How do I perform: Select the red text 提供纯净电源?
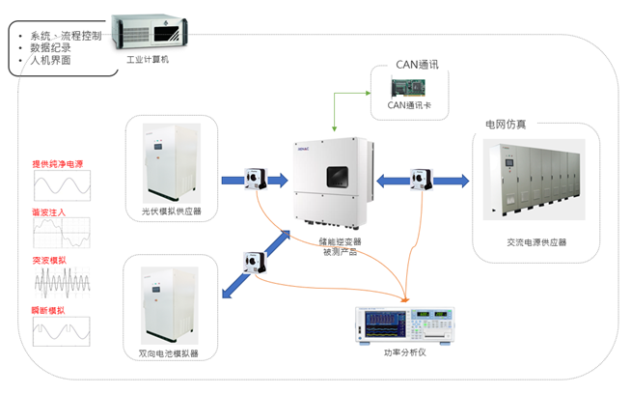tap(57, 163)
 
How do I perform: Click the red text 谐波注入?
tap(47, 211)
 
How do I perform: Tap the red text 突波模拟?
tap(47, 260)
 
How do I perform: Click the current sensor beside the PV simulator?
tap(258, 179)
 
